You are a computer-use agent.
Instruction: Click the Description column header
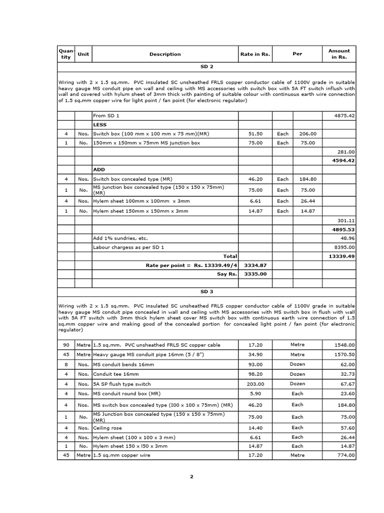pyautogui.click(x=165, y=54)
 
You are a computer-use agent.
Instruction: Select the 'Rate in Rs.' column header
pyautogui.click(x=255, y=54)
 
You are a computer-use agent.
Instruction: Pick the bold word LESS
pyautogui.click(x=100, y=125)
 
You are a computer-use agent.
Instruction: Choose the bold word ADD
pyautogui.click(x=98, y=170)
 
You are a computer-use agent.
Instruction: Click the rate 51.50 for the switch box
pyautogui.click(x=255, y=134)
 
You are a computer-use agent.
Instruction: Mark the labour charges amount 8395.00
pyautogui.click(x=344, y=247)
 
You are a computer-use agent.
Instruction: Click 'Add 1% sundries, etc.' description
pyautogui.click(x=120, y=238)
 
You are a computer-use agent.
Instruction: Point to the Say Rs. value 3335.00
pyautogui.click(x=255, y=274)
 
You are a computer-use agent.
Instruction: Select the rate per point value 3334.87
pyautogui.click(x=255, y=265)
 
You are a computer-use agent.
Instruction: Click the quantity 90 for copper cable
pyautogui.click(x=66, y=345)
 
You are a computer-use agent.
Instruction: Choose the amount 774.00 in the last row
pyautogui.click(x=345, y=455)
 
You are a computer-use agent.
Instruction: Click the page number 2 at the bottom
pyautogui.click(x=191, y=476)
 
